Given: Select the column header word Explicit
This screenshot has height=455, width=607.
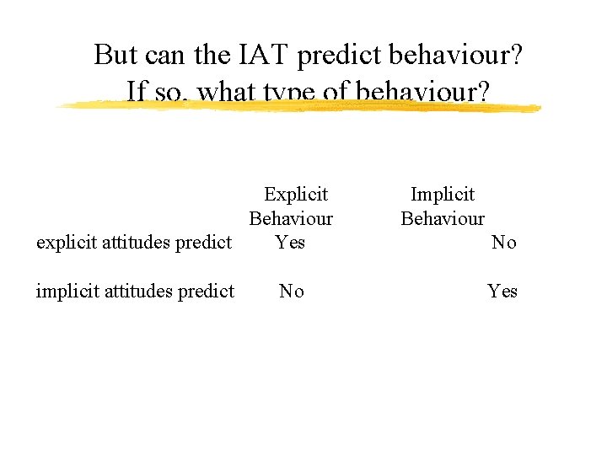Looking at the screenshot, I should coord(296,195).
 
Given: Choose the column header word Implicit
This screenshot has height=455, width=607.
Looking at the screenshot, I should coord(443,195).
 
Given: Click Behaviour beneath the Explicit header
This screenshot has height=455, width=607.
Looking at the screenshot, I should coord(291,219).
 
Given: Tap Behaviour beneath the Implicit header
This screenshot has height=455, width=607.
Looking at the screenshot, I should coord(443,219).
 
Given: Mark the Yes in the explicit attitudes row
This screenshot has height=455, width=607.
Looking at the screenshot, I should coord(291,243).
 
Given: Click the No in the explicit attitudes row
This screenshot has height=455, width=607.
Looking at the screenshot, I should coord(503,243).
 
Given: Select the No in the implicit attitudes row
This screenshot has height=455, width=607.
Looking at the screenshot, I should coord(292,292).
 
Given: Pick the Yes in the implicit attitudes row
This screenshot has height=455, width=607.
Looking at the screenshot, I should coord(502,292).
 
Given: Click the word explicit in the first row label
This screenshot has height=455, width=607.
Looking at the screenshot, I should coord(65,244).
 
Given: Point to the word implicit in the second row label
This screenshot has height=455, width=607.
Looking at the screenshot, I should coord(66,292).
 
